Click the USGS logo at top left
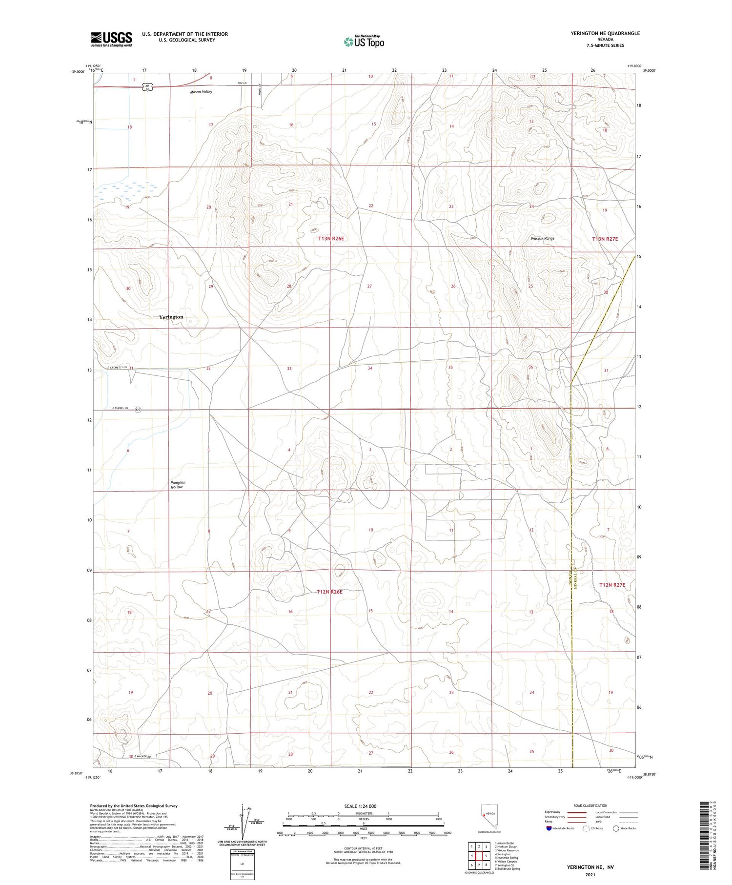tap(111, 39)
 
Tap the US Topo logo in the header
tap(364, 42)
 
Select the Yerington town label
tap(171, 317)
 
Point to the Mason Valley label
tap(201, 92)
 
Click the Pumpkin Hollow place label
tap(178, 485)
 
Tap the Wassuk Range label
tap(542, 238)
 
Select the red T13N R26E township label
tap(331, 239)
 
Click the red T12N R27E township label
tap(612, 584)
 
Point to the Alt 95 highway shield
tap(147, 87)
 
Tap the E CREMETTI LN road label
tap(117, 367)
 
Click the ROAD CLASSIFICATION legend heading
tap(590, 805)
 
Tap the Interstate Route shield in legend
tap(549, 828)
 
